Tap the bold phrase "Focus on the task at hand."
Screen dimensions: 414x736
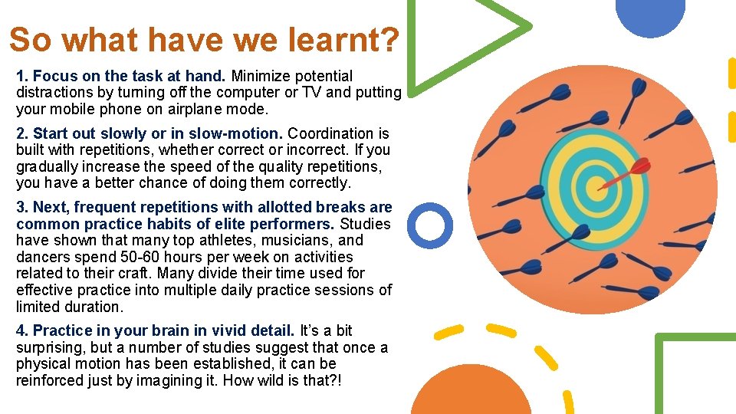tap(129, 76)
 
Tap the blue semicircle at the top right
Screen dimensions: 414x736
tap(650, 15)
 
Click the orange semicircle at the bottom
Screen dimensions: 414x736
tap(471, 393)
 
